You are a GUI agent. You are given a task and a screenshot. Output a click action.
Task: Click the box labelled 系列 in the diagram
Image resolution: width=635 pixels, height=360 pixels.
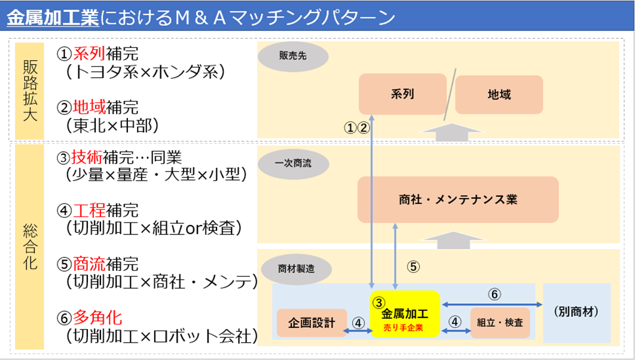[x=402, y=94]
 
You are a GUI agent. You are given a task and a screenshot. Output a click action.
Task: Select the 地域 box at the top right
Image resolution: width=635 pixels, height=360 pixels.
[x=499, y=94]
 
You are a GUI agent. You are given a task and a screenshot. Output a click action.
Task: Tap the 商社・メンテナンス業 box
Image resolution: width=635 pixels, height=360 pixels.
[x=457, y=200]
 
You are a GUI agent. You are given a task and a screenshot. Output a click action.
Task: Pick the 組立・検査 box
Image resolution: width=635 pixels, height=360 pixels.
[x=500, y=323]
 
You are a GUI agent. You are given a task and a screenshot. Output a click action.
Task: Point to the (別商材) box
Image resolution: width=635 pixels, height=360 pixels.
[x=576, y=311]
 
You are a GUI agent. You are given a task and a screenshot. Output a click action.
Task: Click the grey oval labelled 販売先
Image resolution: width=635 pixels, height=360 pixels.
[x=293, y=56]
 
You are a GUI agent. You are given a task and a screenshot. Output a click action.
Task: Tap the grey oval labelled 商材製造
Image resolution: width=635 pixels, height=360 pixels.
[x=296, y=269]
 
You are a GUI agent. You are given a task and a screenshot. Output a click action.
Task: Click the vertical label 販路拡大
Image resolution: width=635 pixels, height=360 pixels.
[x=29, y=89]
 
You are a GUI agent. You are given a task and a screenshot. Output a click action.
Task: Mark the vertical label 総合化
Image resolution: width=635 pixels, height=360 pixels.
[x=29, y=245]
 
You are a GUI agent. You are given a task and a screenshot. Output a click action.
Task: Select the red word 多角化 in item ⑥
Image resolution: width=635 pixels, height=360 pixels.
[x=97, y=316]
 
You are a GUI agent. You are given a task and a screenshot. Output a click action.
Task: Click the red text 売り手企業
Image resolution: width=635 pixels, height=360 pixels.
[x=405, y=327]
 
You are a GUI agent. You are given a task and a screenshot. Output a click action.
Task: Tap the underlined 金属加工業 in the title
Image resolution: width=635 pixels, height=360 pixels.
[x=53, y=18]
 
